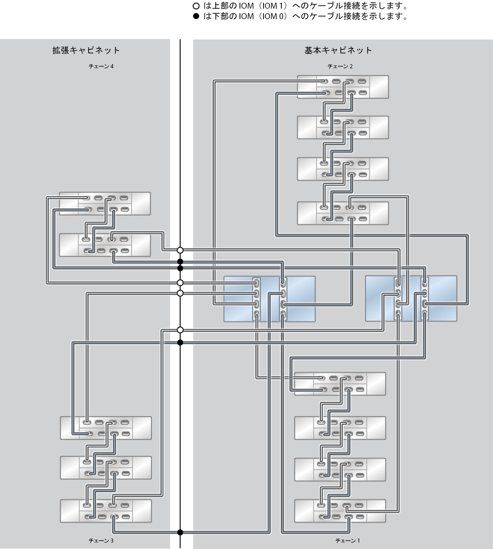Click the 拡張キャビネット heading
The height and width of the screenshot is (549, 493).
pos(86,51)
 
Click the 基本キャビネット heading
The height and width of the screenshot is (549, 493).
pos(338,51)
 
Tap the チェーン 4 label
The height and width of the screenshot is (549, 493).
pos(101,66)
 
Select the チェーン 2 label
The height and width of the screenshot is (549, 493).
pos(340,66)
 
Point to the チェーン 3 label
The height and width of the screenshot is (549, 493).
pos(101,541)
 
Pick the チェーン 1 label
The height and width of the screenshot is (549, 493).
pos(348,541)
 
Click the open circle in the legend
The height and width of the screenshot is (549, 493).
pos(196,6)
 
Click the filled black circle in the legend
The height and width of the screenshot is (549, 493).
pos(196,16)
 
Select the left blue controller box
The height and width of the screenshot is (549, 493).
pos(269,299)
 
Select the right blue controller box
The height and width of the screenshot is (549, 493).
pos(411,299)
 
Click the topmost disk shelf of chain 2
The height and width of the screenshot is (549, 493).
pos(343,87)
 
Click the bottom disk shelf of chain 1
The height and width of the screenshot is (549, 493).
pos(340,511)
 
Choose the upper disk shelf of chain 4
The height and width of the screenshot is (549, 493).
pos(105,203)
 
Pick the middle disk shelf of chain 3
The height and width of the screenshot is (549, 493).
pos(106,468)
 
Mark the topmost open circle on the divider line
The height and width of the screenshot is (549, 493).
pos(180,250)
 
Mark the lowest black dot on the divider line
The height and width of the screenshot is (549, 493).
pos(180,533)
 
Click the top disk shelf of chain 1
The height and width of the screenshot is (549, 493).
pos(340,384)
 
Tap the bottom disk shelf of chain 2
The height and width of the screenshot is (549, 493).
pos(343,213)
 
